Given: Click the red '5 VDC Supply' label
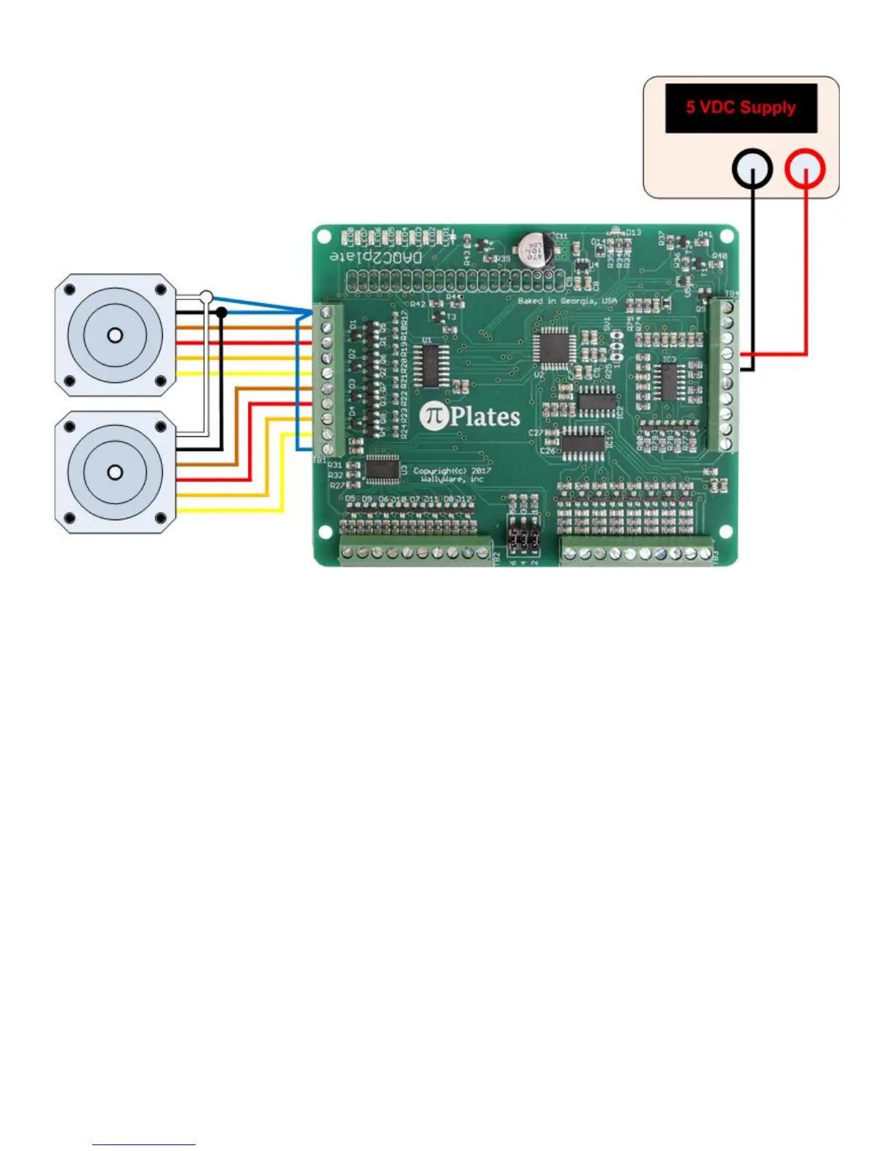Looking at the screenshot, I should click(x=740, y=108).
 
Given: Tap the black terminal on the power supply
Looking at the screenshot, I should click(x=752, y=170).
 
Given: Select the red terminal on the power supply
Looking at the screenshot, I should click(x=805, y=170).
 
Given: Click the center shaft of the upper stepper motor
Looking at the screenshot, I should click(x=115, y=335).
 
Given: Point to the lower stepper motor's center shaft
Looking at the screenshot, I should click(x=115, y=472).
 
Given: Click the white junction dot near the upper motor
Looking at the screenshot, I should click(x=207, y=296).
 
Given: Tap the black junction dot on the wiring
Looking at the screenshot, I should click(x=222, y=312).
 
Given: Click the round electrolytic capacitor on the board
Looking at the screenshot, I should click(x=535, y=249).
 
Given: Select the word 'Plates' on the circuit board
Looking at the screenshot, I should click(x=485, y=416).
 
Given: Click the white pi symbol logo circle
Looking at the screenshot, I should click(x=433, y=416).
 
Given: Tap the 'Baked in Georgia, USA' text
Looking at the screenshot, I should click(x=567, y=300).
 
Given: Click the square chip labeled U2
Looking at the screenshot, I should click(x=553, y=346).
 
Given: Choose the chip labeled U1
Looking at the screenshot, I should click(x=430, y=366).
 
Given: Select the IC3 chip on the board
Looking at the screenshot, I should click(x=667, y=381).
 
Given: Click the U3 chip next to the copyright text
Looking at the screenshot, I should click(x=382, y=469).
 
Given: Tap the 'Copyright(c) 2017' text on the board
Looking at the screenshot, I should click(x=452, y=471).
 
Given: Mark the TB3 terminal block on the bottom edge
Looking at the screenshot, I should click(x=637, y=553).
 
